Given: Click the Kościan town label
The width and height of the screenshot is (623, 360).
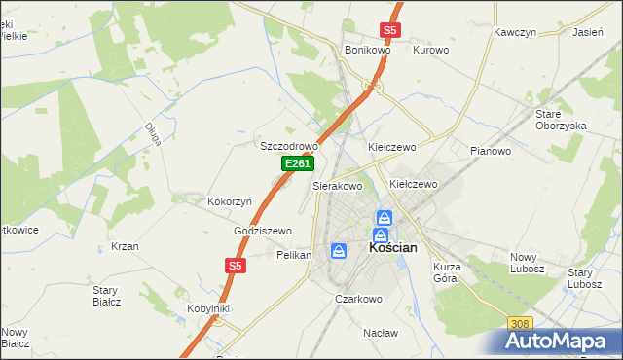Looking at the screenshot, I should [x=393, y=248].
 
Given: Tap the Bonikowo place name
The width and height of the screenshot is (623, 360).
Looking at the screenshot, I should [x=367, y=50].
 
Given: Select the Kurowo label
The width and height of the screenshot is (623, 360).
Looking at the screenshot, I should [x=430, y=50].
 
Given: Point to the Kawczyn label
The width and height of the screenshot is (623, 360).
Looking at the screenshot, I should [x=515, y=32].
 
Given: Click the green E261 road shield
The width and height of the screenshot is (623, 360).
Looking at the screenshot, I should [x=298, y=165].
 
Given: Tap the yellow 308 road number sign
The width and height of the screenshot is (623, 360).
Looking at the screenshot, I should [x=521, y=323].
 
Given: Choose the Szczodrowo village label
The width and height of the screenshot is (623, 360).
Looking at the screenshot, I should [x=289, y=146].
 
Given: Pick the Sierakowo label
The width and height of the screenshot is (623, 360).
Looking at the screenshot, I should [x=337, y=185].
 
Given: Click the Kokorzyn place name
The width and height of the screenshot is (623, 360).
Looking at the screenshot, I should [x=230, y=201].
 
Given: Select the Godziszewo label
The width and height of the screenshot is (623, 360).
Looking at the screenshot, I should [x=263, y=231].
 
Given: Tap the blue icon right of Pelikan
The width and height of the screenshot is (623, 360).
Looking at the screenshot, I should [x=338, y=252].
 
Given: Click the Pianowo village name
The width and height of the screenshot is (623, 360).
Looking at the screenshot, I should [x=491, y=151].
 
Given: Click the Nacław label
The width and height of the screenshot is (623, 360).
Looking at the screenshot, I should [x=381, y=332].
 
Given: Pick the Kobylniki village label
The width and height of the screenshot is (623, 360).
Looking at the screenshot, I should [x=207, y=308].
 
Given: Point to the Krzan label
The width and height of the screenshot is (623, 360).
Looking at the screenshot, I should [x=125, y=246].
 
